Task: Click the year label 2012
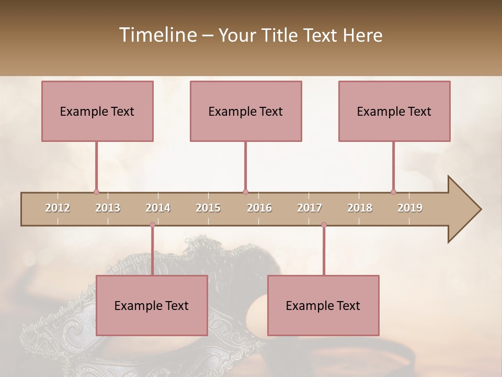(x=58, y=208)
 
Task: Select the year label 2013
(x=108, y=208)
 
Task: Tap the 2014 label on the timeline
(x=158, y=208)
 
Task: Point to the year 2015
(x=208, y=208)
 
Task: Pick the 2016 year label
(x=259, y=208)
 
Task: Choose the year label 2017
(x=310, y=208)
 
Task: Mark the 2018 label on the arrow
(x=360, y=208)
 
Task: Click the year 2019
(x=410, y=208)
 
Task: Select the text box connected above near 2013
(x=97, y=111)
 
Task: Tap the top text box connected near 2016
(x=246, y=111)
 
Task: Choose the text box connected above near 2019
(x=394, y=111)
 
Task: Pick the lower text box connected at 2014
(x=152, y=305)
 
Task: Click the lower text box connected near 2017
(x=323, y=305)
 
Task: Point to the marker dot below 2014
(x=152, y=225)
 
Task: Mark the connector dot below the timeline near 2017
(x=324, y=225)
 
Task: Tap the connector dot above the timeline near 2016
(x=245, y=192)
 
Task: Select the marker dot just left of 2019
(x=393, y=192)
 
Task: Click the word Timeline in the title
(x=157, y=35)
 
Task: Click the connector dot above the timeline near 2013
(x=96, y=192)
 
